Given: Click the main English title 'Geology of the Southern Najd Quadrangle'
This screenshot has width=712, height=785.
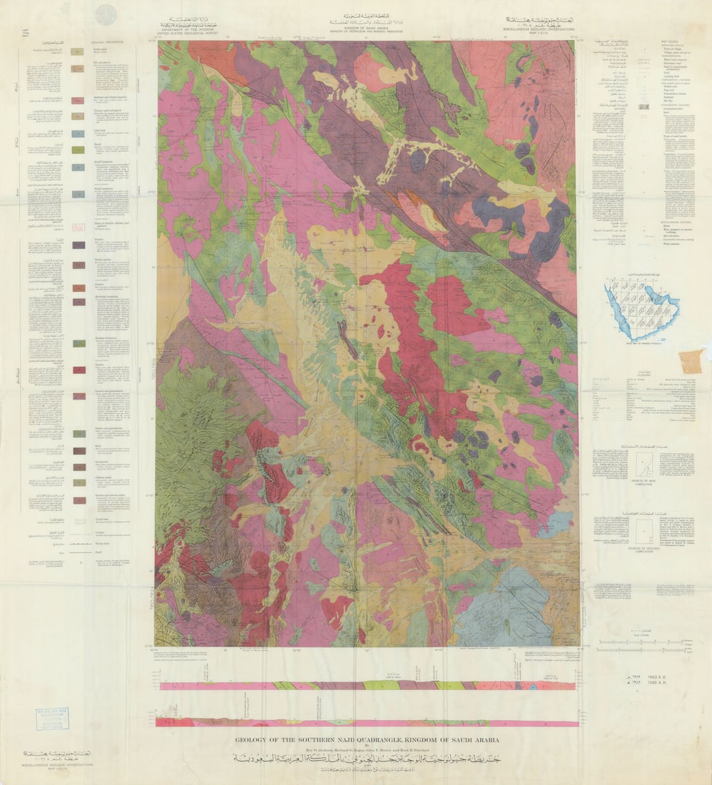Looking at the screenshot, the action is point(367,740).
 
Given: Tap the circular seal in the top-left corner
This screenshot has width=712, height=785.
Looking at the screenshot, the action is point(106,14).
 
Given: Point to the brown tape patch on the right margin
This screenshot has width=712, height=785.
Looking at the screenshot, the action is point(691,361).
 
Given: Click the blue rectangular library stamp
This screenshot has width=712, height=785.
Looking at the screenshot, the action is point(53,719).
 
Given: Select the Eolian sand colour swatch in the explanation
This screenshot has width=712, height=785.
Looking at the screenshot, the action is point(78,52).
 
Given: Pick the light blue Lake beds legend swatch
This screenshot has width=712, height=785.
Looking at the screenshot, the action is point(78,133).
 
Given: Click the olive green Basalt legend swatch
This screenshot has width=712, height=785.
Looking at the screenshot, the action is point(78,150).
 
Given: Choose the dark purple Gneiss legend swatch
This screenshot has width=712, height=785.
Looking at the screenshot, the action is point(78,245).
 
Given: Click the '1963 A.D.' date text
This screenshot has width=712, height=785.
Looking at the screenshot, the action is point(656,675).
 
